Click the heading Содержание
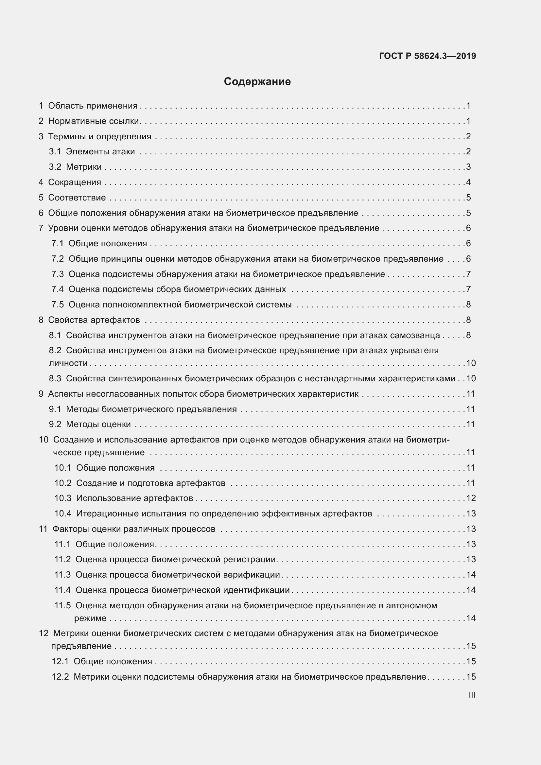tap(257, 81)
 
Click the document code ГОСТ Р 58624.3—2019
tap(428, 56)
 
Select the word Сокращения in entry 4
tap(75, 182)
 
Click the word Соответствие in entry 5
tap(77, 198)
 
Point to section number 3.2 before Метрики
tap(55, 167)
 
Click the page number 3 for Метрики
tap(468, 167)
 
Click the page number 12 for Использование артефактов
tap(471, 498)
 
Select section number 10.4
tap(62, 513)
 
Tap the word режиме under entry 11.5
tap(90, 618)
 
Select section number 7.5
tap(57, 304)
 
